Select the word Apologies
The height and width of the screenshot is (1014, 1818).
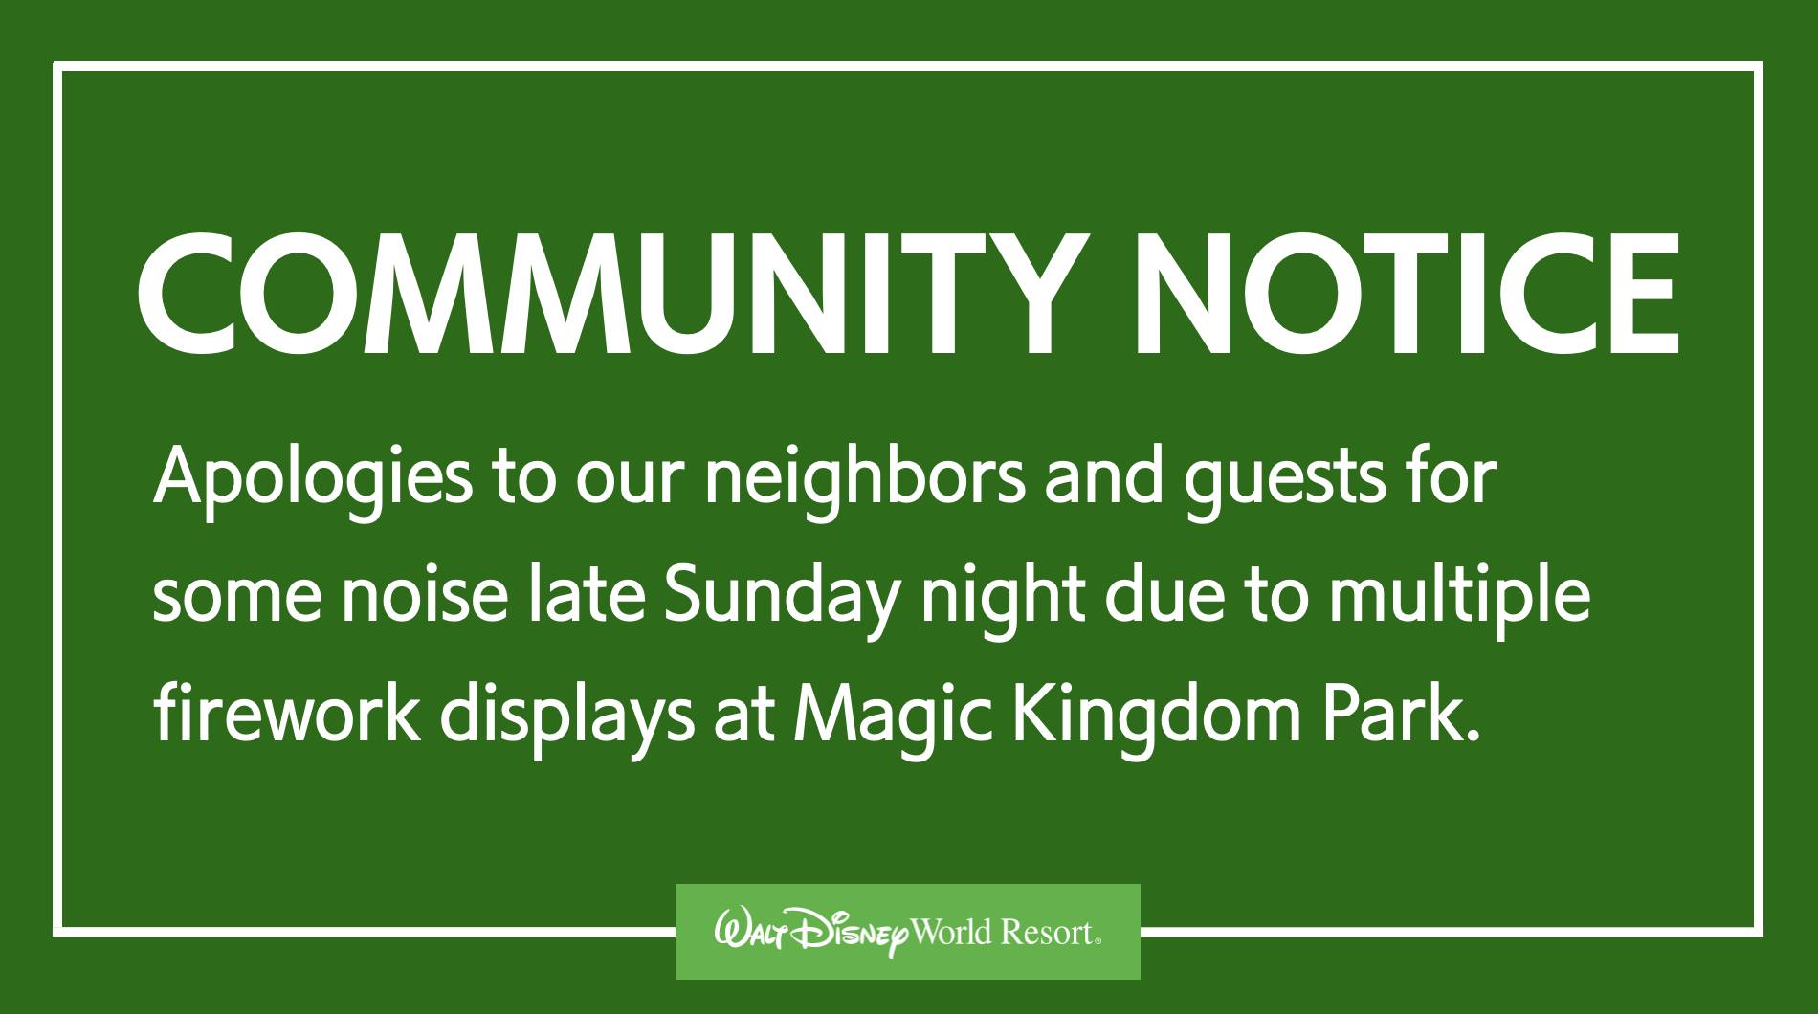312,479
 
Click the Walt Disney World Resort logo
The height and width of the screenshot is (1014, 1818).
908,931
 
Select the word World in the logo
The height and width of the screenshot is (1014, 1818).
952,932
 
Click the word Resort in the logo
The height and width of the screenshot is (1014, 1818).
1048,932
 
